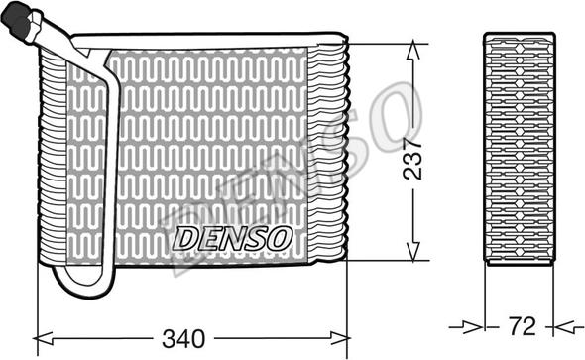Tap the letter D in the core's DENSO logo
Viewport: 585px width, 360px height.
click(184, 238)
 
